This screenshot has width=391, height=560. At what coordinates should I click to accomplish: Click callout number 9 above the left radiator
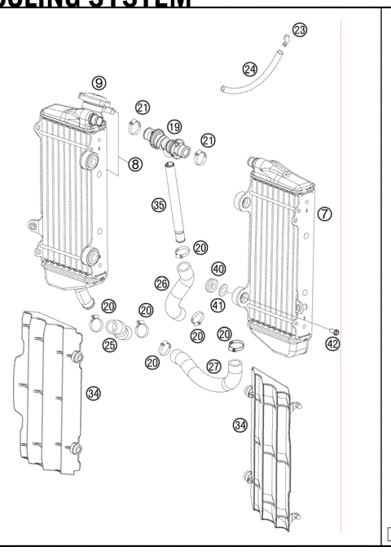[99, 82]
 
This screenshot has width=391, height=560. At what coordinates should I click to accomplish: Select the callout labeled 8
[135, 164]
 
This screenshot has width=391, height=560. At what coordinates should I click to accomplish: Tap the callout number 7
[324, 214]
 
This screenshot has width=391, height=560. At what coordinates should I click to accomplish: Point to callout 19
[174, 126]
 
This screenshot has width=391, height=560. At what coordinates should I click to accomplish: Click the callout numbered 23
[300, 30]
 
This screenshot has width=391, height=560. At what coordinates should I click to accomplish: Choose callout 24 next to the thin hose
[249, 68]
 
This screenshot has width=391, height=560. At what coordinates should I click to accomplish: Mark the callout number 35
[159, 205]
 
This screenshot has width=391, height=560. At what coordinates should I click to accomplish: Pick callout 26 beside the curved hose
[162, 283]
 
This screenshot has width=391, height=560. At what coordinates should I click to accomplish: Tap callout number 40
[218, 269]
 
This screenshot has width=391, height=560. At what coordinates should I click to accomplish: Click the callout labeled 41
[218, 305]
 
